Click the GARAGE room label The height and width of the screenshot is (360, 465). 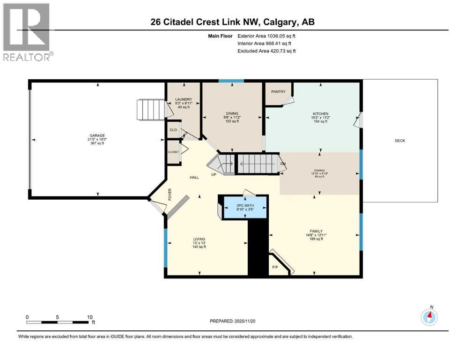pos(97,135)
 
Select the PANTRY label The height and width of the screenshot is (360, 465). pos(278,92)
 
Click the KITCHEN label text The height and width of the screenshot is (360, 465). pos(321,114)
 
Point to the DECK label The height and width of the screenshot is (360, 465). pos(400,141)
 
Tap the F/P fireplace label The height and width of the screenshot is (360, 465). pos(275,267)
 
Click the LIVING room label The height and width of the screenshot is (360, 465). pos(199,239)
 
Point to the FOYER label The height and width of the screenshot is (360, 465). pos(170,194)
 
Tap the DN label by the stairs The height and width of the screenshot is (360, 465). pos(283,164)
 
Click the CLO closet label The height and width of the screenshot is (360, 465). pos(173,130)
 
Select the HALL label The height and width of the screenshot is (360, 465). pos(194,178)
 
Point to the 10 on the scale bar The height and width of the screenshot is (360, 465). pos(89,317)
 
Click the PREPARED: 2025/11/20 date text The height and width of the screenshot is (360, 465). pos(233,321)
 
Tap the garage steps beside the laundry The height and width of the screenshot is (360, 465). pos(151,109)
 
